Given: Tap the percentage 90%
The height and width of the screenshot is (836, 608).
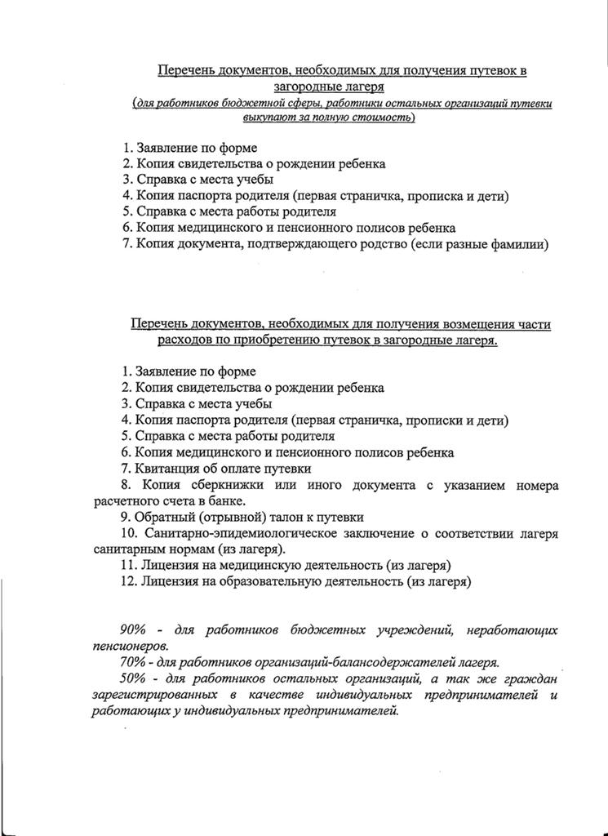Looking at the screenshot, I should pos(132,629).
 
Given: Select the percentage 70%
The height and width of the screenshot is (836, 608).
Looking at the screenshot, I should pos(132,661).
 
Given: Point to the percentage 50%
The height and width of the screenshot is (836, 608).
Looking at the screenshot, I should pos(132,678).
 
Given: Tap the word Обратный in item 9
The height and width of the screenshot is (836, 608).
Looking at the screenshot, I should pos(166,518).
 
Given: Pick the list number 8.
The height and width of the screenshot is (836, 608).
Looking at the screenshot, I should pos(124,485).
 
